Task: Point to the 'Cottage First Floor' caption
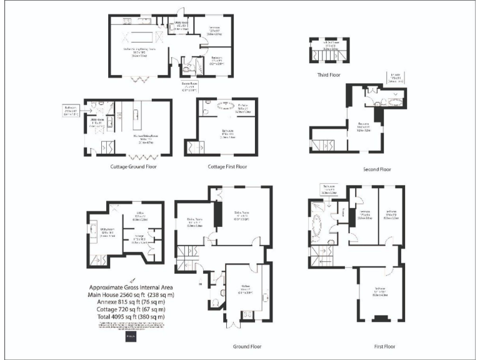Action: [x=227, y=167]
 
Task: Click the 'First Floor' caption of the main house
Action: [x=380, y=346]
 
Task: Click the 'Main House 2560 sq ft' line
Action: [x=131, y=294]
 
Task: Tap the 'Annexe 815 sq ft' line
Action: [x=131, y=302]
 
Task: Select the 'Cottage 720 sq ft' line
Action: [x=131, y=309]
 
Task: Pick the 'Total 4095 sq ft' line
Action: [x=131, y=317]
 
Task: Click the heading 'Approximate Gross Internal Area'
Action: [x=131, y=287]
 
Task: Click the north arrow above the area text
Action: [x=131, y=279]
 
